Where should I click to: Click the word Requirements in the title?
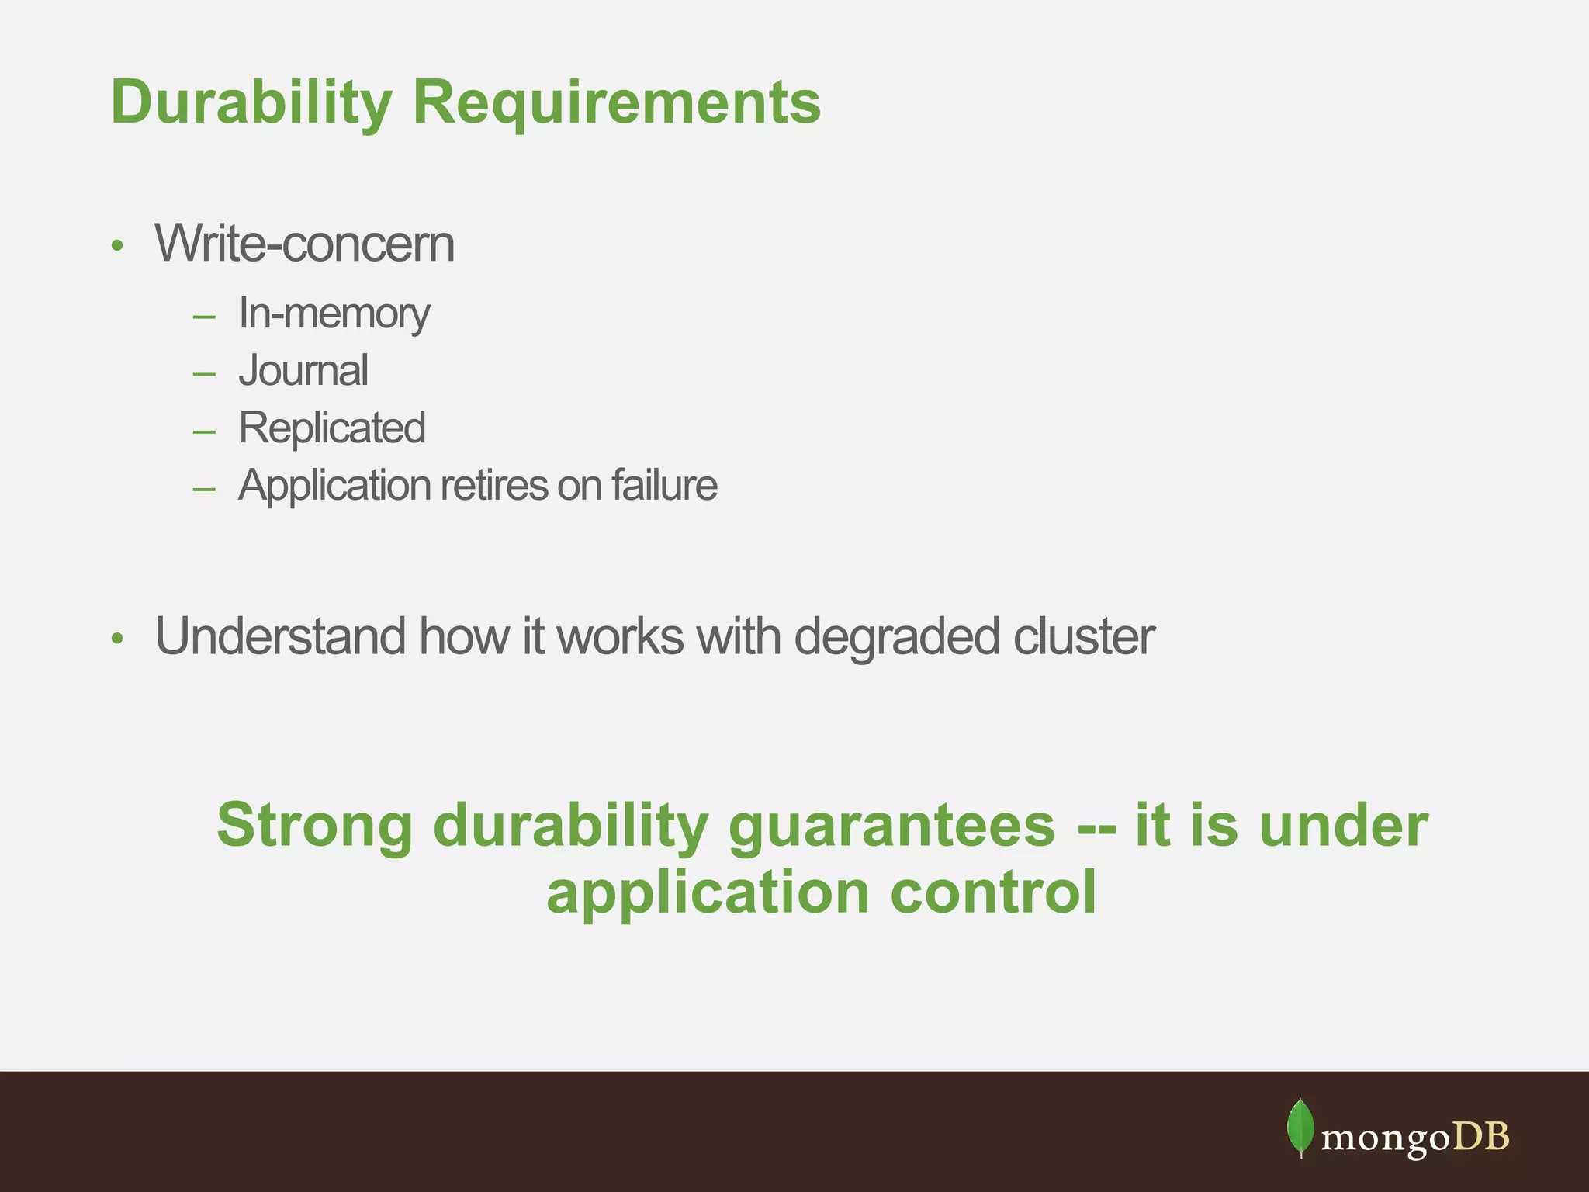click(616, 102)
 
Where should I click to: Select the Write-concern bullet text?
click(304, 244)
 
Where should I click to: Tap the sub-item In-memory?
click(334, 314)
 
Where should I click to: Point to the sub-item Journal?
click(303, 371)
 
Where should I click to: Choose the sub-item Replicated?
click(331, 428)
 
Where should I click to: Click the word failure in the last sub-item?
click(664, 486)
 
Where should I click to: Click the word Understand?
click(279, 637)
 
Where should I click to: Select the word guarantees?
click(891, 826)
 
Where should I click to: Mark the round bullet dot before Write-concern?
click(117, 246)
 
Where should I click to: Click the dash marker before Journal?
click(204, 374)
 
